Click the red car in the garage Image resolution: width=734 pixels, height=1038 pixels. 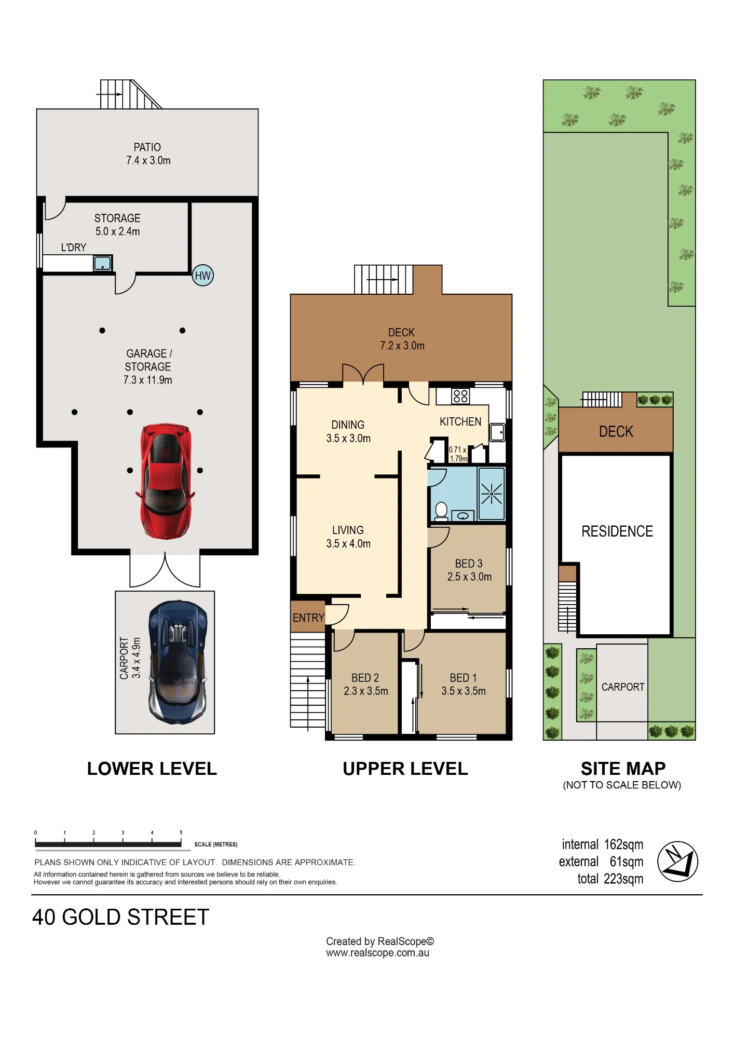point(166,481)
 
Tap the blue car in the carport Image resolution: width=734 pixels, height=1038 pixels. point(178,662)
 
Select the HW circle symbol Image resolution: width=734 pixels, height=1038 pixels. point(202,276)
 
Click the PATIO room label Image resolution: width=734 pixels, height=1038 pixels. point(147,147)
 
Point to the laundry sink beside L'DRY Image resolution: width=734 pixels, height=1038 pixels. point(102,263)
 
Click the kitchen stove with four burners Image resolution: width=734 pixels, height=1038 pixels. point(460,397)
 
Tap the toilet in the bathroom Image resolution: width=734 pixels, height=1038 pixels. point(441,511)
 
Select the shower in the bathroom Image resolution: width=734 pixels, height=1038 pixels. point(491,494)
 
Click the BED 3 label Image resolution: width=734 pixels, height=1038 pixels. point(469,564)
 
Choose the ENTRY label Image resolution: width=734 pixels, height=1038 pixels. point(308,618)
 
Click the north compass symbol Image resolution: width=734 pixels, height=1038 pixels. point(677,862)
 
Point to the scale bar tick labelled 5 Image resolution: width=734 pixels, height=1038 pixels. point(181,833)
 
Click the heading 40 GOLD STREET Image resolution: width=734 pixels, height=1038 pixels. point(120,917)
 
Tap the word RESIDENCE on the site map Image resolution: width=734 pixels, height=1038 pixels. point(617,531)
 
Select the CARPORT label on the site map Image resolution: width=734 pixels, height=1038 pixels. point(623,687)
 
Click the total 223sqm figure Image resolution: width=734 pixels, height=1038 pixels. point(610,879)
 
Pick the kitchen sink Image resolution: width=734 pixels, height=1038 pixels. point(497,432)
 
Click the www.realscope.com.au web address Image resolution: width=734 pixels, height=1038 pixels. point(377,953)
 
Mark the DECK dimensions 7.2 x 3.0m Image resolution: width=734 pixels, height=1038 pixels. point(402,346)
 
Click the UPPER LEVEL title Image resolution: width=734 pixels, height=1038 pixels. point(405,769)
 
